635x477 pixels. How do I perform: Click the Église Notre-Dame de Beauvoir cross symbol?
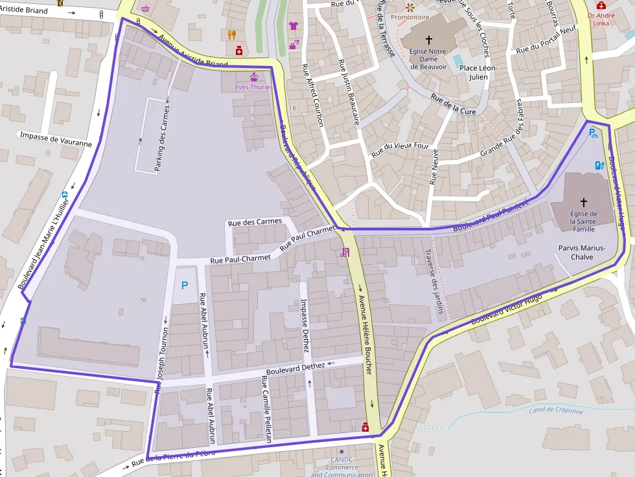tap(428, 40)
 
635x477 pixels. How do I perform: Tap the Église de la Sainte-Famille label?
tap(584, 221)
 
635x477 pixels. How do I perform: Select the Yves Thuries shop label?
tap(253, 87)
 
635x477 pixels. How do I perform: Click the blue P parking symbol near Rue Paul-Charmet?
tap(185, 285)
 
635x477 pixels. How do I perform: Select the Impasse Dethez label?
tap(305, 326)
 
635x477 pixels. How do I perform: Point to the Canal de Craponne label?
tap(555, 410)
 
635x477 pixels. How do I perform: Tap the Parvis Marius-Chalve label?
tap(581, 252)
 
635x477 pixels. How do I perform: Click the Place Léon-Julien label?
tap(478, 72)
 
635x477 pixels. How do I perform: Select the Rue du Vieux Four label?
tap(400, 150)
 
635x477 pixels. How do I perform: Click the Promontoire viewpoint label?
tap(410, 17)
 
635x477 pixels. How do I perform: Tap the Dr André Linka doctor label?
tap(602, 19)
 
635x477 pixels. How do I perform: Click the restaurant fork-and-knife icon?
tap(232, 34)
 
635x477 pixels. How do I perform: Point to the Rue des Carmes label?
tap(256, 221)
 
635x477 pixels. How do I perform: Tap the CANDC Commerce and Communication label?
tap(341, 467)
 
